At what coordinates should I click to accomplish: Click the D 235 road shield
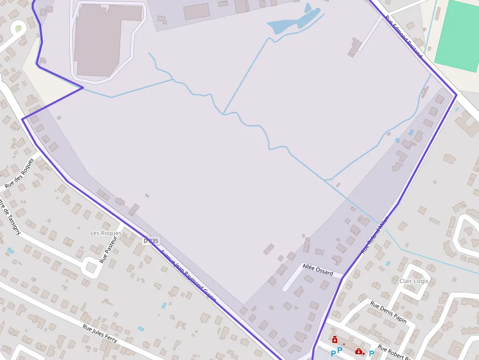pyautogui.click(x=152, y=241)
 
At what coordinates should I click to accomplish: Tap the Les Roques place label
pyautogui.click(x=106, y=233)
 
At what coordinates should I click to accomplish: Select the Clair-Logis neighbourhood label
pyautogui.click(x=414, y=281)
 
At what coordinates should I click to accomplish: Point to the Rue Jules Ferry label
pyautogui.click(x=100, y=334)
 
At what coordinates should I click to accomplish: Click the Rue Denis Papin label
pyautogui.click(x=389, y=312)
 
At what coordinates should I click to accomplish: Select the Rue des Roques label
pyautogui.click(x=20, y=173)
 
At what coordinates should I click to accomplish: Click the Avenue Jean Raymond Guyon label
pyautogui.click(x=188, y=275)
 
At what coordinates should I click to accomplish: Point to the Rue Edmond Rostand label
pyautogui.click(x=403, y=37)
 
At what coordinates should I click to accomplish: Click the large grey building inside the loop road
pyautogui.click(x=101, y=39)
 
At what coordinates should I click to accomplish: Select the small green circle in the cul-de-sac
pyautogui.click(x=19, y=28)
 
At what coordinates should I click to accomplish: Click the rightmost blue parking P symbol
pyautogui.click(x=371, y=354)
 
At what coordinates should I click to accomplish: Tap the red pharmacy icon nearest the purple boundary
pyautogui.click(x=335, y=339)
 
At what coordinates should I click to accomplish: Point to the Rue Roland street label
pyautogui.click(x=375, y=234)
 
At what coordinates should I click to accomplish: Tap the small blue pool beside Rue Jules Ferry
pyautogui.click(x=141, y=329)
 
